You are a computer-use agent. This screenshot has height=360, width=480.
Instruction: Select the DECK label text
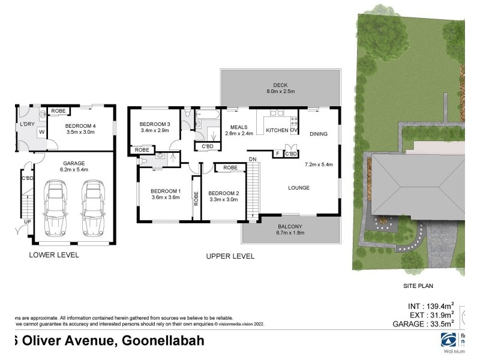point(281,85)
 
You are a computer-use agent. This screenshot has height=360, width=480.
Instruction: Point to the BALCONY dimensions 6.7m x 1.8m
point(290,233)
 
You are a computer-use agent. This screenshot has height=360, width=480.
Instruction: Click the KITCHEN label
point(277,130)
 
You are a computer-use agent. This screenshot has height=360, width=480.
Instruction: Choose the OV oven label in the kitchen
point(294,130)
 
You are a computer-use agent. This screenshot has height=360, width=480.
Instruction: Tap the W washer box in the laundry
point(41,132)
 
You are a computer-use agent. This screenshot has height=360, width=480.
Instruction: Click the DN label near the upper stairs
point(252,158)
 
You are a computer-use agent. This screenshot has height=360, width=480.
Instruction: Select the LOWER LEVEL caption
point(54,255)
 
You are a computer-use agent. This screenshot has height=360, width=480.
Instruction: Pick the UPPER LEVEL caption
point(230,256)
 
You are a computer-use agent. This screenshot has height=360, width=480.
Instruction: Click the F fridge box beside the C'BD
point(277,154)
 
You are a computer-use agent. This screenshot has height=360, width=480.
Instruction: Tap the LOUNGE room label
point(298,188)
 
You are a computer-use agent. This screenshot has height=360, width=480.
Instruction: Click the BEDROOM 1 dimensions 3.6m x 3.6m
point(165,197)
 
